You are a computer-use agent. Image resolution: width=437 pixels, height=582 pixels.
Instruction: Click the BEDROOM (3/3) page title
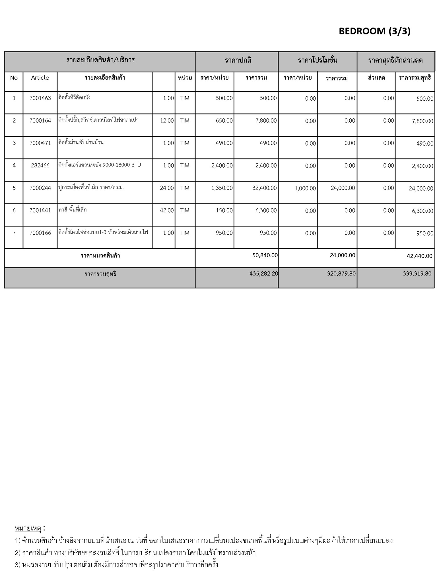click(x=374, y=31)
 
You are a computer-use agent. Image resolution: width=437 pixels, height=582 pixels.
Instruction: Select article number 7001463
click(x=40, y=98)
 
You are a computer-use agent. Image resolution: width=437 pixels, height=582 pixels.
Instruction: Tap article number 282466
click(x=40, y=165)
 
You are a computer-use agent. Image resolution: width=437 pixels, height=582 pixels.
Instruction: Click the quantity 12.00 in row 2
click(x=167, y=120)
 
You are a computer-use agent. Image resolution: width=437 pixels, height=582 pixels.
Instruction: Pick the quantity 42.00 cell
click(x=167, y=210)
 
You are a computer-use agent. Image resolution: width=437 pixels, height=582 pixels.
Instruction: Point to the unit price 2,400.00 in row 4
click(x=222, y=165)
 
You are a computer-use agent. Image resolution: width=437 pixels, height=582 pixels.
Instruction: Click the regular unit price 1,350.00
click(x=222, y=188)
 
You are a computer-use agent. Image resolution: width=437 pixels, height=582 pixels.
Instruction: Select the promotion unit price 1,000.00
click(x=305, y=188)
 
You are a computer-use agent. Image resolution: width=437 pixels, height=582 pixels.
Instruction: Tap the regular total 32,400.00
click(x=264, y=188)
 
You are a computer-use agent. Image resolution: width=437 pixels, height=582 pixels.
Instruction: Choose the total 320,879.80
click(x=341, y=273)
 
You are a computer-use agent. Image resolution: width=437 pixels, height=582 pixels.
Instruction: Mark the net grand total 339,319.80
click(x=417, y=273)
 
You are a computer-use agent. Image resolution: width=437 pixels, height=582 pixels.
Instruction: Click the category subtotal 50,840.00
click(x=265, y=255)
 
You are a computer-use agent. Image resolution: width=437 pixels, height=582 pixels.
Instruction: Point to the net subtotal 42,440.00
click(x=419, y=256)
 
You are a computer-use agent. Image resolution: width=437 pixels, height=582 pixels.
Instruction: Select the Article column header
click(x=40, y=78)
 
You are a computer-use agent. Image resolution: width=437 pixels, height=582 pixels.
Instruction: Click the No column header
click(x=14, y=78)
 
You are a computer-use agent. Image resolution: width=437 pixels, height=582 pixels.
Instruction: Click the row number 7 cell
click(x=14, y=233)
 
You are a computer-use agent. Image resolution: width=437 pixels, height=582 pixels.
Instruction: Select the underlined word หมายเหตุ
click(x=28, y=528)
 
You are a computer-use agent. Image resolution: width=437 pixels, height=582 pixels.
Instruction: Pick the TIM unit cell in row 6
click(x=185, y=210)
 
